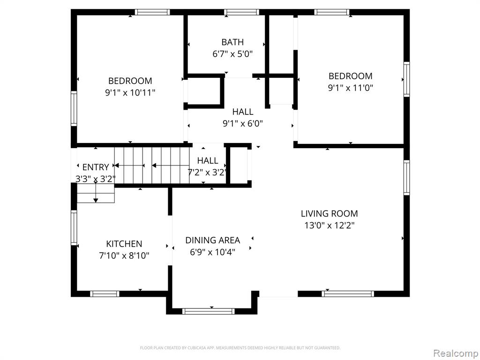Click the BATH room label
click(x=232, y=42)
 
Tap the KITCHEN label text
click(x=124, y=244)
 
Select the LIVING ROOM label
click(x=330, y=213)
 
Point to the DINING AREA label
click(x=213, y=240)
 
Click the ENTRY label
click(x=96, y=167)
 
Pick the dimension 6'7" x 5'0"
click(x=232, y=54)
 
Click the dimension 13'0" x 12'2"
click(x=330, y=225)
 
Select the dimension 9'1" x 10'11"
click(x=130, y=92)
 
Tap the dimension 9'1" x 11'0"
click(x=351, y=88)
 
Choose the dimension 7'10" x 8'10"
click(x=124, y=255)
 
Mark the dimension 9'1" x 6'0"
click(x=243, y=123)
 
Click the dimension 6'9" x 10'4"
click(x=213, y=252)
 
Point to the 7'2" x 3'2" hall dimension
click(x=208, y=172)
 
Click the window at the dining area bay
click(x=209, y=311)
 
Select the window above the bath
click(x=241, y=12)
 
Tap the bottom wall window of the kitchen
click(x=105, y=294)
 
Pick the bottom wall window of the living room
click(x=348, y=294)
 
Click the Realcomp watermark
click(x=456, y=353)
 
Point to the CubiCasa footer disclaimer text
click(x=240, y=348)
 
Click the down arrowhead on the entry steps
click(x=96, y=200)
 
